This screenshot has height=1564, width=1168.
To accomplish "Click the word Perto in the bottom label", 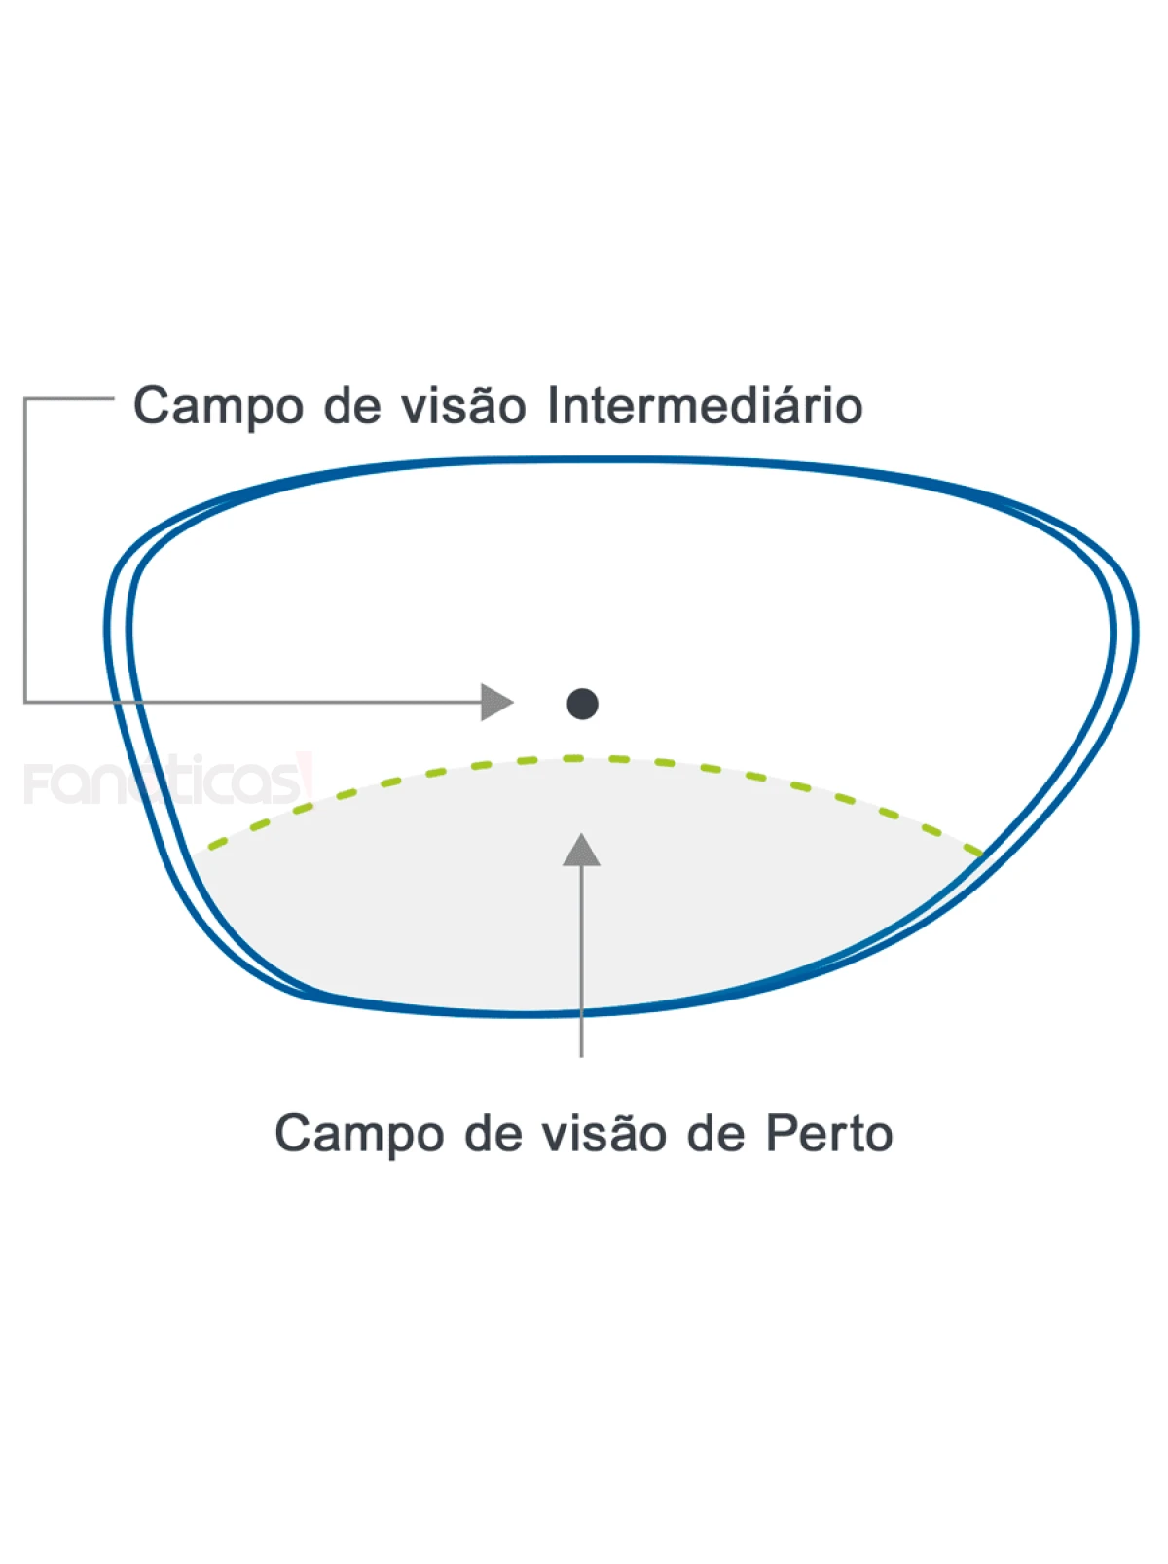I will click(829, 1133).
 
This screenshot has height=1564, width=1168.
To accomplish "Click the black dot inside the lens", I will click(582, 703).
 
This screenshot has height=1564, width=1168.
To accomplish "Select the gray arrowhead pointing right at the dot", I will click(495, 702).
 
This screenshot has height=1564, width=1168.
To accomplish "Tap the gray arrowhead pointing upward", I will click(581, 851).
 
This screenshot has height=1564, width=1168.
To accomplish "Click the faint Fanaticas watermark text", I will click(161, 782).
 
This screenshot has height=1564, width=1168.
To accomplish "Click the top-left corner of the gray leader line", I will click(25, 398).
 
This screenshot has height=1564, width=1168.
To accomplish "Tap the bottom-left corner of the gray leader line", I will click(25, 701).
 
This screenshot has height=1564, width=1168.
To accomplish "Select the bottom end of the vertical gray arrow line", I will click(581, 1055).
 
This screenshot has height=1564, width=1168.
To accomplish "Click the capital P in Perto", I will click(779, 1133).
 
